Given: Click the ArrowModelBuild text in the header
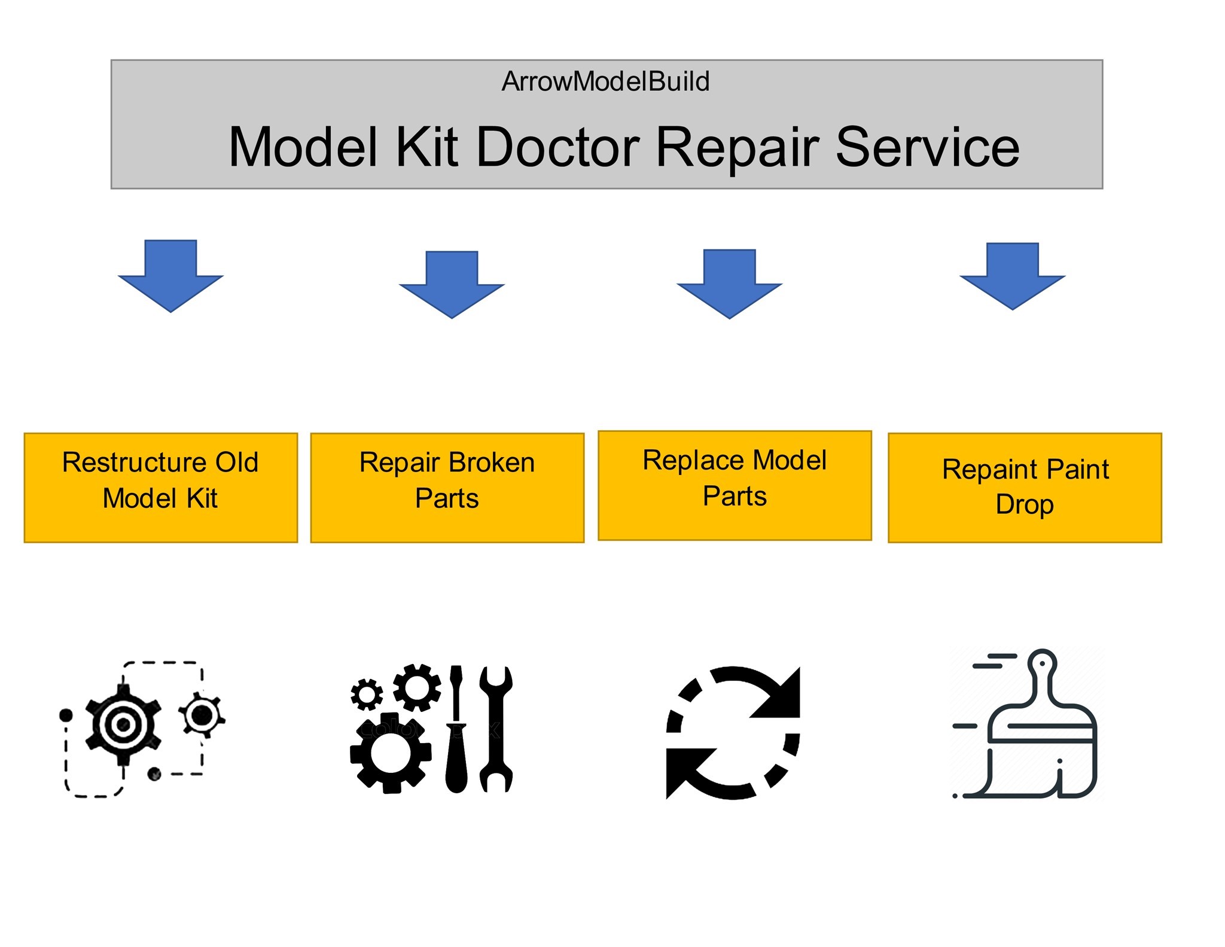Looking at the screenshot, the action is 605,81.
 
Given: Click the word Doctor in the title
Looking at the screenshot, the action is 557,147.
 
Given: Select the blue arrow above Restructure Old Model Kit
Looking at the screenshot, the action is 171,276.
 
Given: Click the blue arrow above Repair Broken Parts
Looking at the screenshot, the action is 452,285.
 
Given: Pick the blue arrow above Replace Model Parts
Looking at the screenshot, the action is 730,284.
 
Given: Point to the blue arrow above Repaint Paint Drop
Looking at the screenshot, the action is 1013,276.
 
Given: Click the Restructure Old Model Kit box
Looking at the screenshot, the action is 161,488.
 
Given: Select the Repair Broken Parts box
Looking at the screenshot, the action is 447,488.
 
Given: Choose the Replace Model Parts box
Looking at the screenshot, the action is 735,485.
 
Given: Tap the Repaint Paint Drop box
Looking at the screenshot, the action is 1025,488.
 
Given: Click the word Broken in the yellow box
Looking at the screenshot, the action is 491,462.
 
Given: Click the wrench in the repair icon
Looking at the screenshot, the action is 496,729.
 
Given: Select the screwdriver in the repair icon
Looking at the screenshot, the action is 456,729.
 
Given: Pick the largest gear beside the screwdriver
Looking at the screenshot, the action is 391,753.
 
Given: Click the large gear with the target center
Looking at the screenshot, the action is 123,725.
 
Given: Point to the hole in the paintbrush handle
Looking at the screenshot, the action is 1043,663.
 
